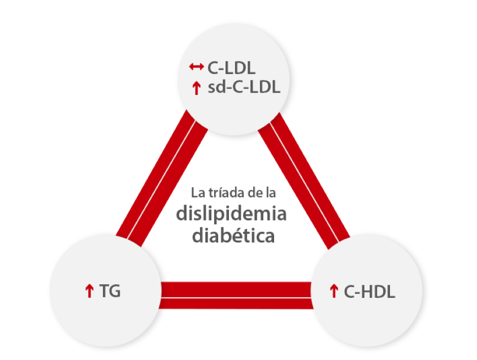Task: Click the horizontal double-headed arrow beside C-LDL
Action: (x=196, y=67)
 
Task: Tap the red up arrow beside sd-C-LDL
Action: (x=196, y=88)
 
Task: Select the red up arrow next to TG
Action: (x=89, y=291)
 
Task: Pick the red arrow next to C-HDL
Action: (x=333, y=292)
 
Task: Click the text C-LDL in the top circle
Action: (x=231, y=68)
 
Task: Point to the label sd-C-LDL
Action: (x=244, y=88)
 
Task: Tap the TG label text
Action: (x=110, y=291)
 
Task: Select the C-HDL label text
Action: (x=370, y=292)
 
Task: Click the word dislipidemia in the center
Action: (x=232, y=214)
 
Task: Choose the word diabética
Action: (x=233, y=235)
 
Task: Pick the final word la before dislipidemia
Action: (x=271, y=193)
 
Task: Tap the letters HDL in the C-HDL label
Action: (x=376, y=292)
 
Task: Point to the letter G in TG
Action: (x=114, y=291)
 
